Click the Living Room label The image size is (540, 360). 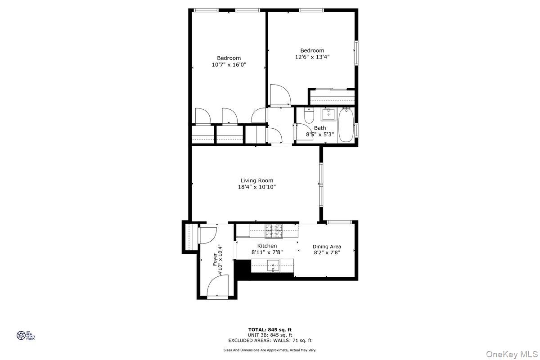tap(256, 180)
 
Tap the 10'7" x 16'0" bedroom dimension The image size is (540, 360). tap(229, 65)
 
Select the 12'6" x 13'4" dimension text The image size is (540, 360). tap(312, 57)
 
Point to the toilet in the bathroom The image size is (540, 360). tap(309, 117)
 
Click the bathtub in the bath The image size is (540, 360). tap(346, 125)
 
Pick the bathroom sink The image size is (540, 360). tap(328, 114)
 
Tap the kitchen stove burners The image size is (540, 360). tap(274, 231)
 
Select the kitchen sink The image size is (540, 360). tap(273, 266)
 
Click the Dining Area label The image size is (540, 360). tap(327, 247)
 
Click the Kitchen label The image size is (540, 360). tap(267, 246)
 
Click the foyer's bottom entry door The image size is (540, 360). tap(218, 287)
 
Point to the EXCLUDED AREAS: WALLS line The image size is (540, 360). tap(270, 341)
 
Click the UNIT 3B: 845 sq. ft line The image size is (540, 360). tap(270, 335)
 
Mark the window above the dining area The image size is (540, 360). tap(339, 221)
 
